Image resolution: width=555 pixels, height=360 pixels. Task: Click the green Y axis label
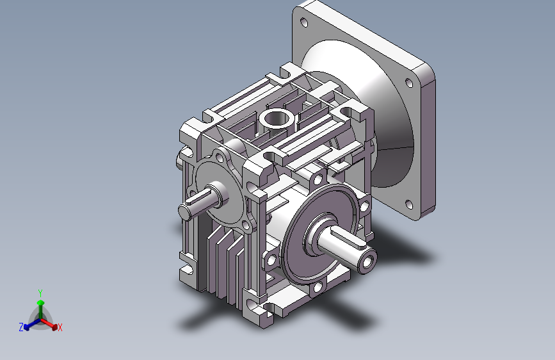[40, 293]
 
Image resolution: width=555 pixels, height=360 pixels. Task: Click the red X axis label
[60, 327]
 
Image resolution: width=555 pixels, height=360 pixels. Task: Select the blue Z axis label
[21, 327]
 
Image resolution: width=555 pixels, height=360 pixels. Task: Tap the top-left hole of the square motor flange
[303, 22]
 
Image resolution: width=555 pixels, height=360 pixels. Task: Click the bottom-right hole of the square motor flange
[409, 204]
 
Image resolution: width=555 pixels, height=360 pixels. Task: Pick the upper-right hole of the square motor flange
[409, 83]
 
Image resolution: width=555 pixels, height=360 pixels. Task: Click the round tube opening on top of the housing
[277, 119]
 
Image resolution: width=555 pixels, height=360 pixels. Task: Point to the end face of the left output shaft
[185, 213]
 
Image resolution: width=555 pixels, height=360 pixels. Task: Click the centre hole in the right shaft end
[367, 263]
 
